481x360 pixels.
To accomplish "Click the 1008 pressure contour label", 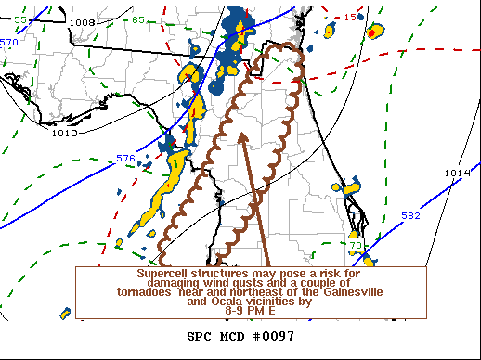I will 83,22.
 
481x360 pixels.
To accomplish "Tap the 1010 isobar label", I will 64,133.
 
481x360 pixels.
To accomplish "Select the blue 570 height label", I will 8,43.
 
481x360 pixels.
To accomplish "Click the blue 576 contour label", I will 126,159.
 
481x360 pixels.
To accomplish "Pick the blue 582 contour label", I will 410,215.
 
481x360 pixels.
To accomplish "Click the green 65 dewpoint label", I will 137,19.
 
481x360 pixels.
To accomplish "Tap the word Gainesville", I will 330,292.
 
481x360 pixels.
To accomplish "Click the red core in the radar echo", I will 372,32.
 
